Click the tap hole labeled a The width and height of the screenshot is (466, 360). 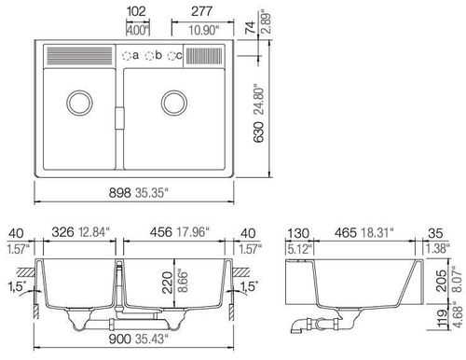(x=126, y=56)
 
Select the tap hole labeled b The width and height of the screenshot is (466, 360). (x=149, y=56)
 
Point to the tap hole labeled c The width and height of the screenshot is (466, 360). (x=171, y=56)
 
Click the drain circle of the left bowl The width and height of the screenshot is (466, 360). (x=79, y=104)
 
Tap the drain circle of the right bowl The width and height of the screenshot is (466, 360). (x=174, y=104)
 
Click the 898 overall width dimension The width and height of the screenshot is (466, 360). (x=120, y=193)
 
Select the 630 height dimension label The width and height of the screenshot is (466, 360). (x=258, y=132)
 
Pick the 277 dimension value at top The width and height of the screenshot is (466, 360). (x=201, y=11)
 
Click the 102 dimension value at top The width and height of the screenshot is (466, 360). (x=136, y=11)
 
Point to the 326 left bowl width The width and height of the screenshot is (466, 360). (x=63, y=232)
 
